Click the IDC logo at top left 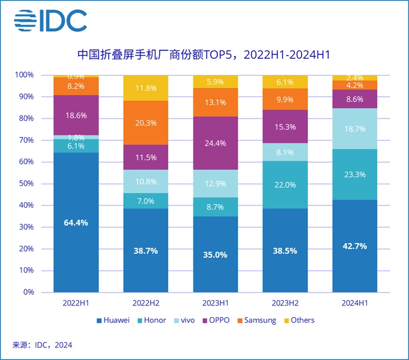coord(51,21)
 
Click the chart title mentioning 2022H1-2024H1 coord(204,55)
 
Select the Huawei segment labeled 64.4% coord(76,222)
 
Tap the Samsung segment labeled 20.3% coord(146,123)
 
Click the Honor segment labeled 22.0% coord(285,184)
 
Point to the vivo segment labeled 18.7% coord(354,129)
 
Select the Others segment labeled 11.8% coord(146,88)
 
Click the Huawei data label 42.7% coord(354,246)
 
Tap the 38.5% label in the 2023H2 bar coord(285,250)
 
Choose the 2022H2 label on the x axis coord(146,302)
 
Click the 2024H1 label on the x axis coord(354,302)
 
